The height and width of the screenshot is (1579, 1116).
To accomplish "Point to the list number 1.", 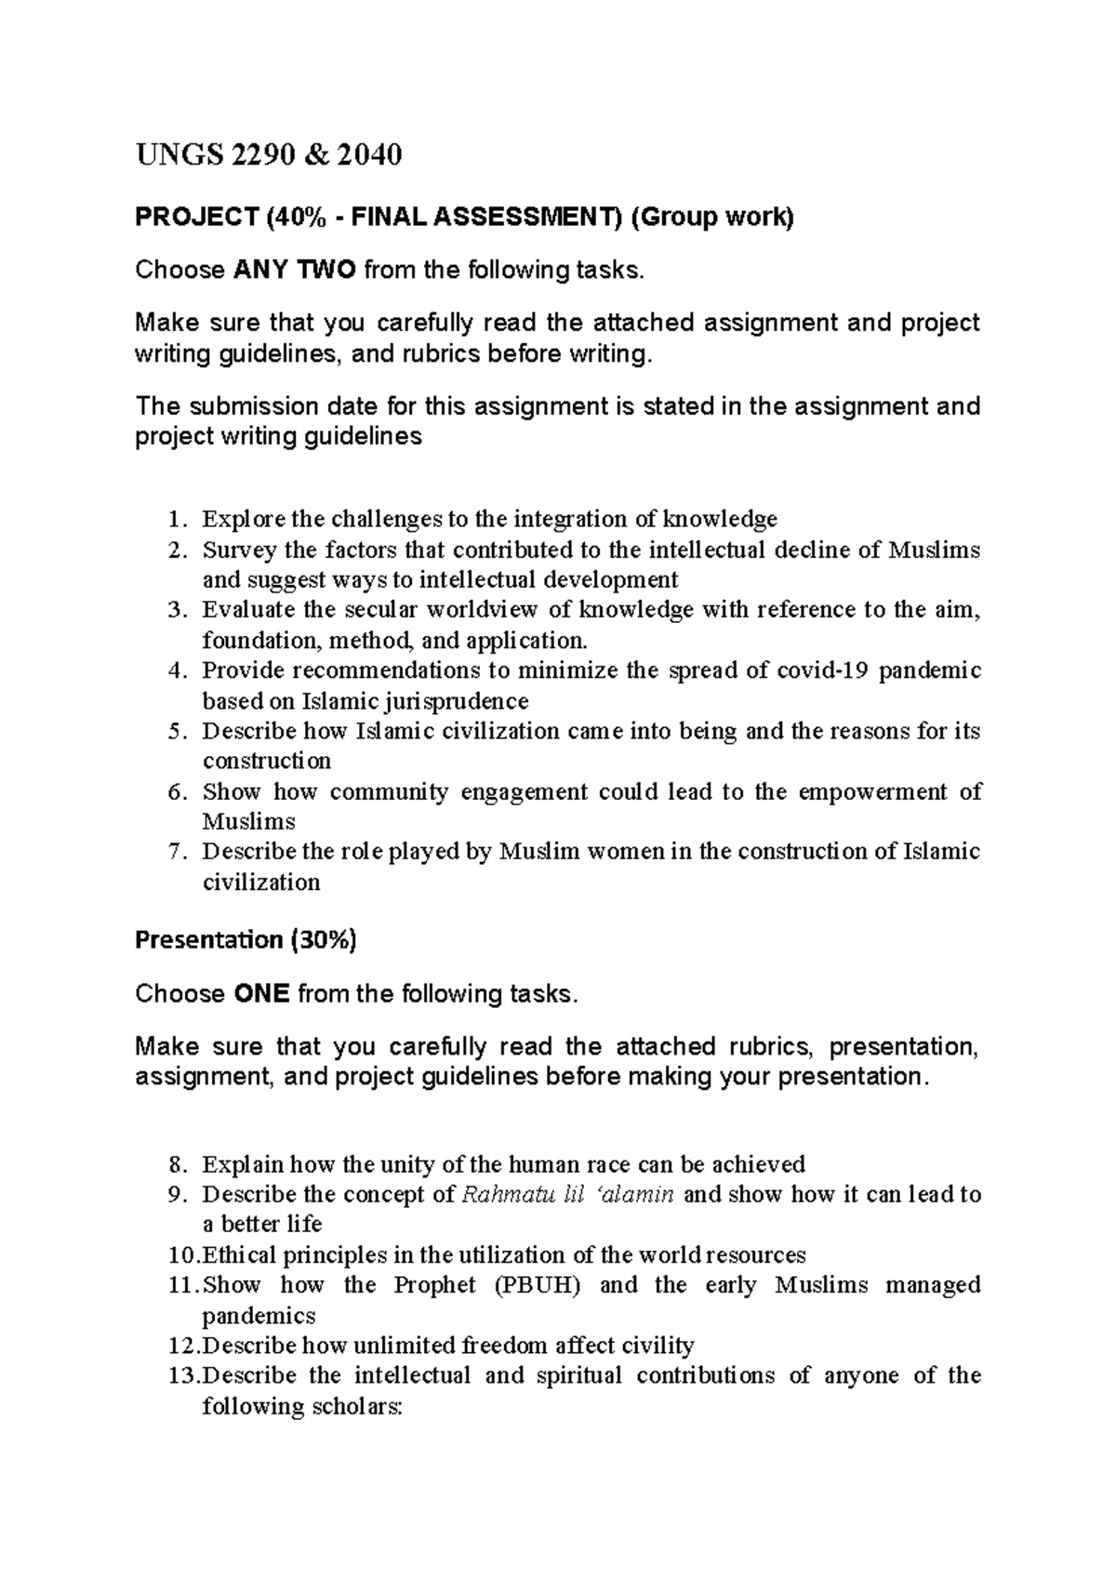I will [178, 519].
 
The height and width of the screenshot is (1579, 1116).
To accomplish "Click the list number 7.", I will [178, 852].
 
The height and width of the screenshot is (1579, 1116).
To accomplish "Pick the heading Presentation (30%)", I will [246, 940].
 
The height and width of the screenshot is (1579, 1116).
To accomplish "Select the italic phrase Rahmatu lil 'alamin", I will [567, 1194].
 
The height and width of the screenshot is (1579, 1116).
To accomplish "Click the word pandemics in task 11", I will [259, 1316].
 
